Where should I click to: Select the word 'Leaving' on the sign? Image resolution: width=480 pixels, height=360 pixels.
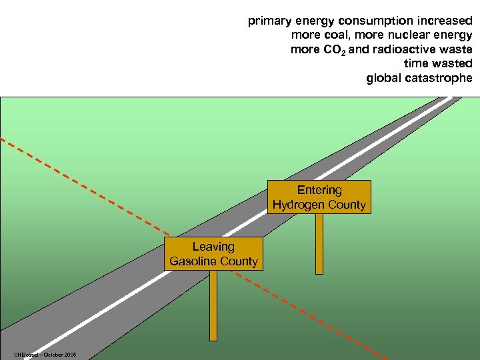click(213, 247)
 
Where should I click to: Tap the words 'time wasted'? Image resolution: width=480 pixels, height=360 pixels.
click(438, 64)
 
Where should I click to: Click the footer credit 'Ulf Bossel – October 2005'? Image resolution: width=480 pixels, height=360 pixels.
click(44, 355)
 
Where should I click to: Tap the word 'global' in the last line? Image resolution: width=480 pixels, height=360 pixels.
click(383, 79)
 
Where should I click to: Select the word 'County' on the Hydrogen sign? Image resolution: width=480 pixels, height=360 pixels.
click(346, 205)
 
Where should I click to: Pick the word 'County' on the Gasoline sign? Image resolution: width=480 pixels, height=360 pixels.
click(239, 261)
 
